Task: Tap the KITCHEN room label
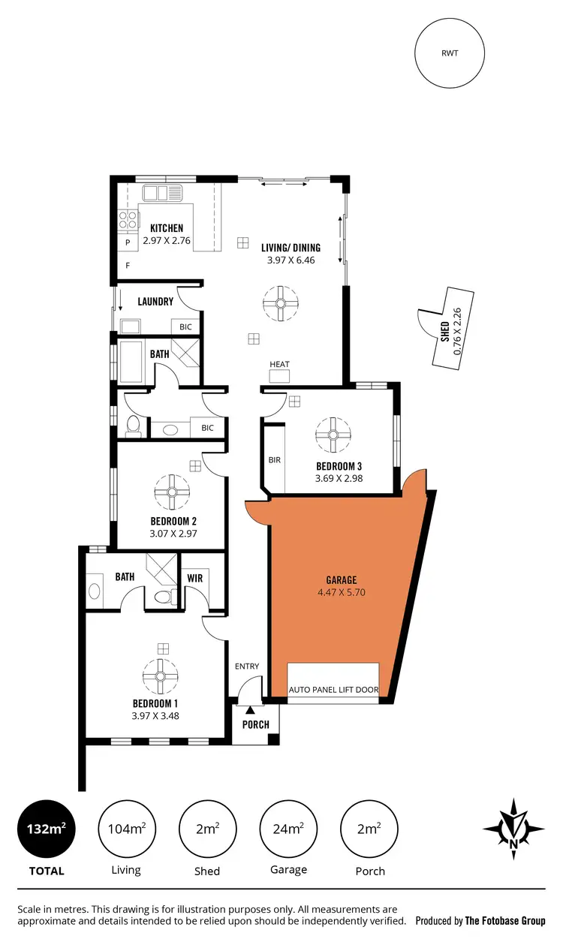(166, 228)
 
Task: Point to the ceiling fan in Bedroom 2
(172, 492)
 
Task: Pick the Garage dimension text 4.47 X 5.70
(341, 592)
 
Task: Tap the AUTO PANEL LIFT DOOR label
(333, 690)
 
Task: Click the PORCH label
(255, 725)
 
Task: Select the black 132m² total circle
(45, 829)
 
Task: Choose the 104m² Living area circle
(125, 829)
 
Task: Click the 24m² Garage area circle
(288, 829)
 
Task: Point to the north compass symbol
(513, 829)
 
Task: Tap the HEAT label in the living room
(279, 365)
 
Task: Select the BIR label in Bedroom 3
(274, 459)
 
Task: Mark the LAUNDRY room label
(155, 302)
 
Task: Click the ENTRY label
(246, 666)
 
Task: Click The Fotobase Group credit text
(504, 921)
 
